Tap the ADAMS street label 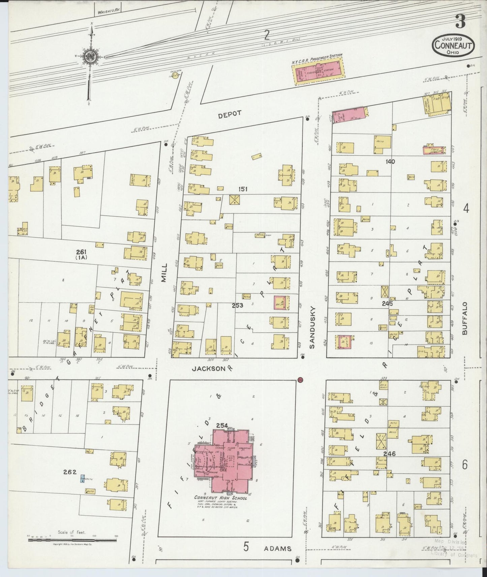coord(278,548)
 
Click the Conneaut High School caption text coord(220,498)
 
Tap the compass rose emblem coord(91,57)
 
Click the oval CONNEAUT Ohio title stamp coord(454,45)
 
